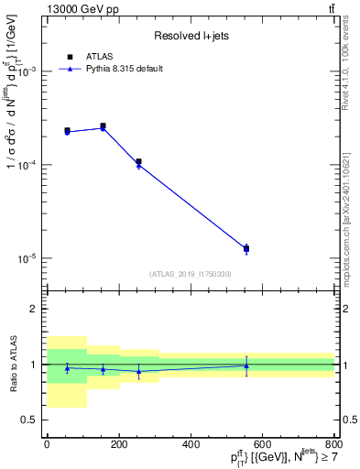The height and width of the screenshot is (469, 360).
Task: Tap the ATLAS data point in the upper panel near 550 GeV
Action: [246, 248]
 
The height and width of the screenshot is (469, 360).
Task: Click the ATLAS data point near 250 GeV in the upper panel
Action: [138, 162]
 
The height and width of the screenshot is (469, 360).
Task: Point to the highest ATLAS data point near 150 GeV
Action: [103, 126]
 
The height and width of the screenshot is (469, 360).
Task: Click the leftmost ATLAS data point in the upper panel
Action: [67, 131]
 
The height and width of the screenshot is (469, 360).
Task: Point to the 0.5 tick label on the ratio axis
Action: [29, 420]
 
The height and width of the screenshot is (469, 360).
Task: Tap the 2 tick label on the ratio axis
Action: [35, 310]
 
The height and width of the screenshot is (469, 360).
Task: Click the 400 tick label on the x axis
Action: [191, 445]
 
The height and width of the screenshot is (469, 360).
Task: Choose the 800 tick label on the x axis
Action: [334, 445]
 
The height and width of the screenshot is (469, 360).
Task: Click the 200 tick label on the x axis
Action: [118, 445]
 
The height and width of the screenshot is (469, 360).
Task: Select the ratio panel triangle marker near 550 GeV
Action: [246, 365]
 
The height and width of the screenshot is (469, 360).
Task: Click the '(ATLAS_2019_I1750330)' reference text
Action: [191, 274]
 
